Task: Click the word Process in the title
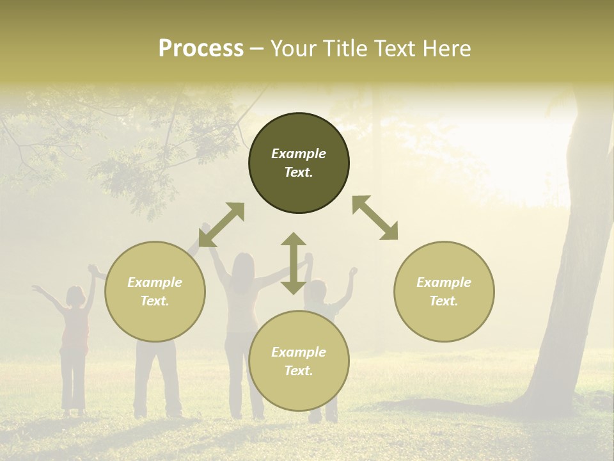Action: tap(201, 49)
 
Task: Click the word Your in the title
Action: tap(294, 49)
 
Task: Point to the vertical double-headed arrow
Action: tap(294, 263)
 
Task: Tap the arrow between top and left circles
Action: tap(221, 225)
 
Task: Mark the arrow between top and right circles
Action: tap(375, 218)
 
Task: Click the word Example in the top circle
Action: tap(299, 154)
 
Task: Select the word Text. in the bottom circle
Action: tap(299, 371)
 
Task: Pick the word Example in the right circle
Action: tap(444, 282)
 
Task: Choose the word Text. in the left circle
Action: tap(155, 301)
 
